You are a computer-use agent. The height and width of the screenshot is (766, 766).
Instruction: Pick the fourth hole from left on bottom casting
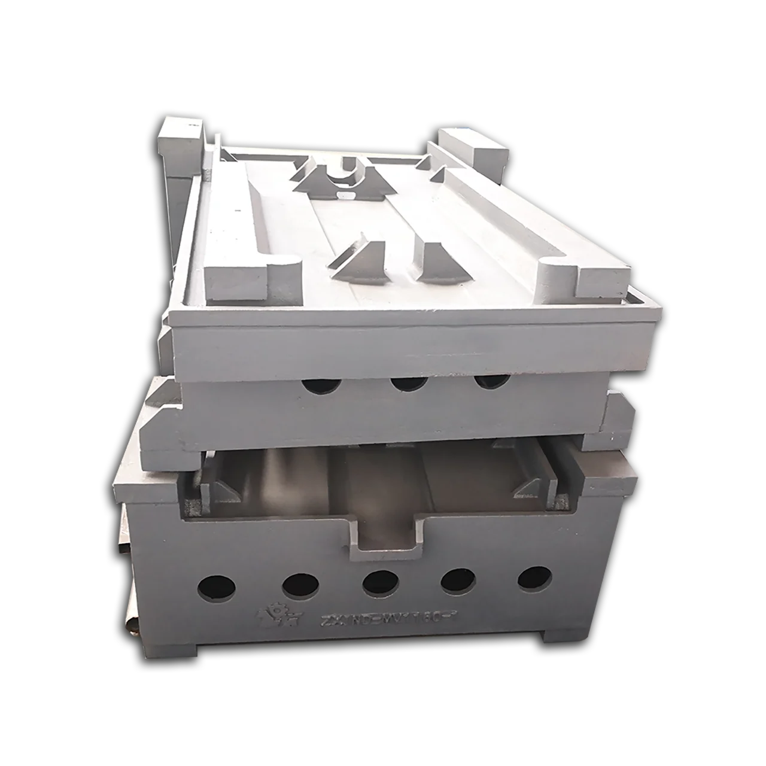coord(458,580)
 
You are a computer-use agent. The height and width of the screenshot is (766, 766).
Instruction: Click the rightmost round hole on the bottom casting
coord(534,578)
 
